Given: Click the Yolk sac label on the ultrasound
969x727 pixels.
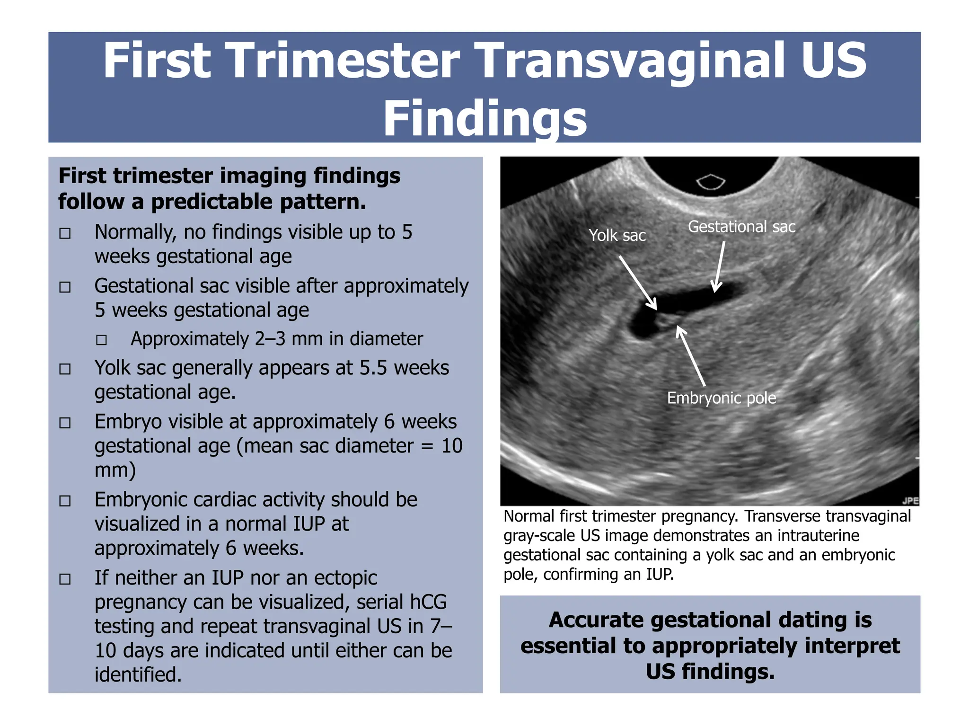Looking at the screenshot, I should tap(617, 235).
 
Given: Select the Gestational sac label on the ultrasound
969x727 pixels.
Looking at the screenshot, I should tap(741, 227).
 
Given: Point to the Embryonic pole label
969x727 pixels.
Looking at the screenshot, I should tap(721, 398).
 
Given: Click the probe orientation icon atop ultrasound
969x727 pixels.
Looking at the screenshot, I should tap(711, 182).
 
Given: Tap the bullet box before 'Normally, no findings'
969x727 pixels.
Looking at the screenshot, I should tap(65, 233).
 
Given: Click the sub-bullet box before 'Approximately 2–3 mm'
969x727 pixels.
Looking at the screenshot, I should tap(101, 340).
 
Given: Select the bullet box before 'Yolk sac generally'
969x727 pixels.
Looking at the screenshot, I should tap(65, 369).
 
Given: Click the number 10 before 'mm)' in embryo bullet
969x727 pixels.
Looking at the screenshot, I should tap(452, 446).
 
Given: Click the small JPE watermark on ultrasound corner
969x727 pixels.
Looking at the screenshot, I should tap(910, 501).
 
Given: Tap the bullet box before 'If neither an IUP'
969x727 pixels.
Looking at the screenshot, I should tap(65, 579).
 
